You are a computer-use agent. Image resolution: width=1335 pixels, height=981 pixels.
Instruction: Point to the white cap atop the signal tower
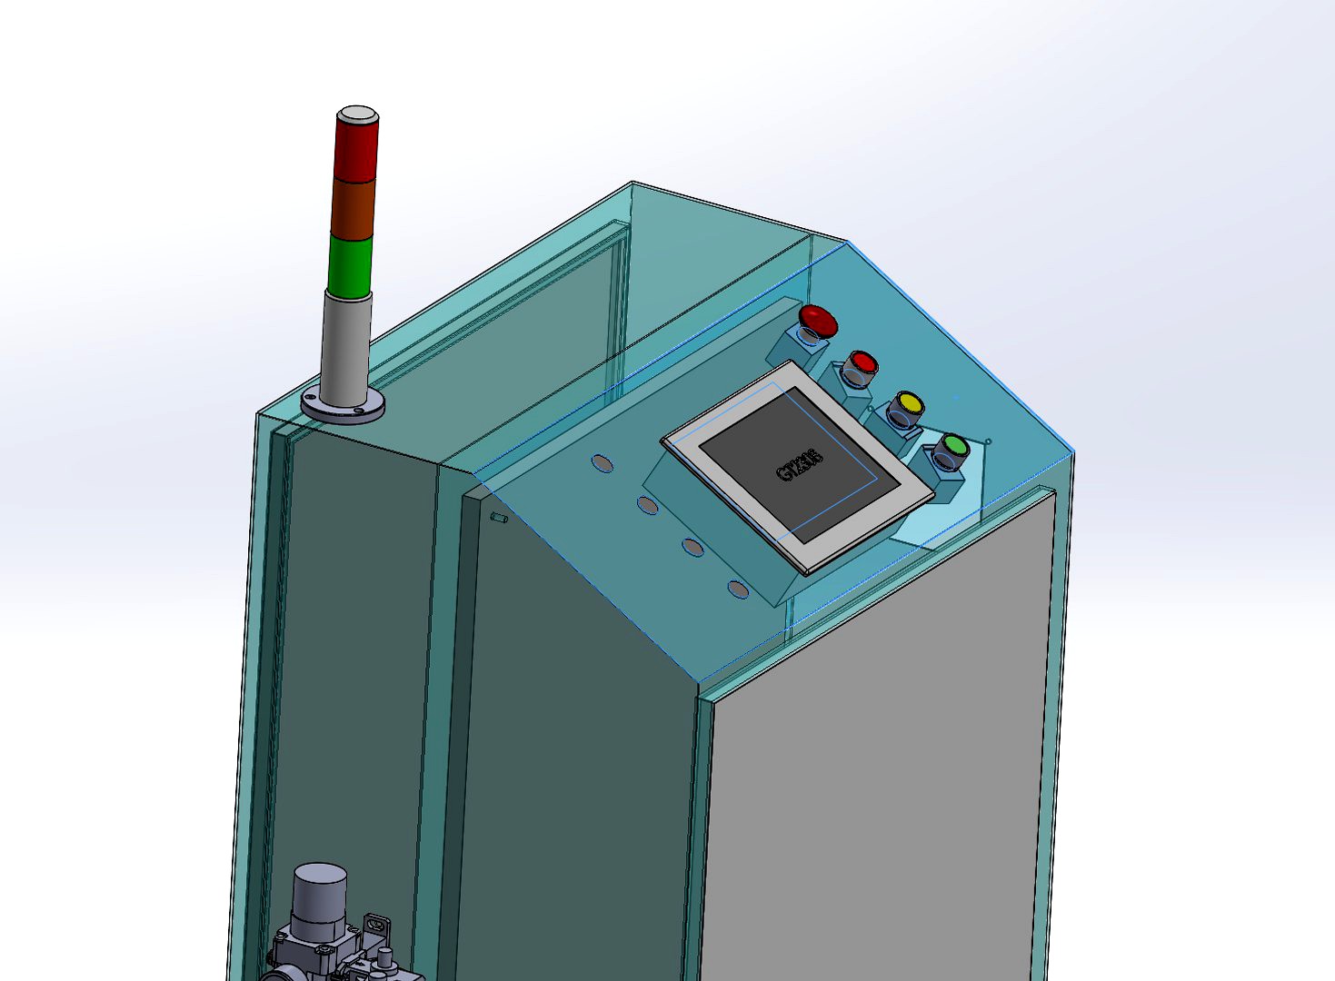point(357,114)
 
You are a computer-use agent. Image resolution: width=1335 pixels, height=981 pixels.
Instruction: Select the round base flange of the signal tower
point(343,409)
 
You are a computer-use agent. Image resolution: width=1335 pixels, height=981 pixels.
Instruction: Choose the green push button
point(953,446)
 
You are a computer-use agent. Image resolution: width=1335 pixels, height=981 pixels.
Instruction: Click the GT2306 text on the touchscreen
point(800,465)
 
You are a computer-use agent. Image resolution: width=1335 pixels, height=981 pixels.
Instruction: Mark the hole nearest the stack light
point(602,463)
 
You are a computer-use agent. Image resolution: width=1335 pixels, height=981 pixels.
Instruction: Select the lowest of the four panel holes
point(738,590)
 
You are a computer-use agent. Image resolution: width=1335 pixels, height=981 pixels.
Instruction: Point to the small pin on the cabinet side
point(498,518)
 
